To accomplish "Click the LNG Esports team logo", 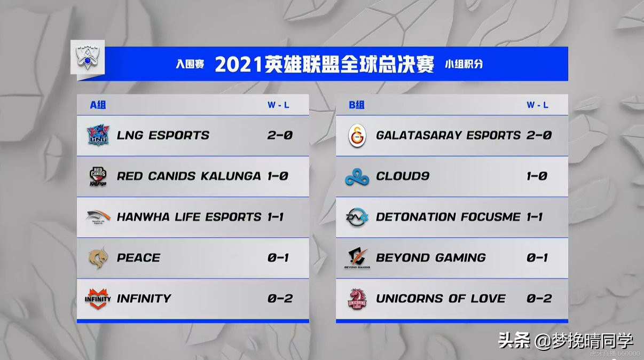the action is pyautogui.click(x=98, y=135).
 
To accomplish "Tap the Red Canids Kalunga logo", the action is pyautogui.click(x=98, y=176).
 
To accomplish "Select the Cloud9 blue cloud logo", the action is pyautogui.click(x=357, y=177).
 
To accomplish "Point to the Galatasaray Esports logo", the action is pyautogui.click(x=357, y=136).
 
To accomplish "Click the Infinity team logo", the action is pyautogui.click(x=98, y=299).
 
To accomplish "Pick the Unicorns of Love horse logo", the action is pyautogui.click(x=357, y=299).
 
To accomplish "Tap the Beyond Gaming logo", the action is pyautogui.click(x=357, y=258).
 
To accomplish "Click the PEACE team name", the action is pyautogui.click(x=139, y=257).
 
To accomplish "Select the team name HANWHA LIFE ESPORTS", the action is pyautogui.click(x=189, y=217).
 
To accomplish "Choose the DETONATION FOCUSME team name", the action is pyautogui.click(x=448, y=217).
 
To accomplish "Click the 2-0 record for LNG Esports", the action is pyautogui.click(x=280, y=135).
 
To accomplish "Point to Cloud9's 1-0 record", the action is pyautogui.click(x=537, y=176).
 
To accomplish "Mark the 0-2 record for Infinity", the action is pyautogui.click(x=280, y=299).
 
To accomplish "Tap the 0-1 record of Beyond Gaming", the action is pyautogui.click(x=537, y=257).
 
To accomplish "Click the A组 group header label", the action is pyautogui.click(x=98, y=105).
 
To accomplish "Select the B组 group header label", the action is pyautogui.click(x=357, y=105).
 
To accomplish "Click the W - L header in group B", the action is pyautogui.click(x=537, y=105).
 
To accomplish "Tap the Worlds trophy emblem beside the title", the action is pyautogui.click(x=88, y=58).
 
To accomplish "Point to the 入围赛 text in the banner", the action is pyautogui.click(x=190, y=64).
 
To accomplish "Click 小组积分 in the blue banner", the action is pyautogui.click(x=464, y=64).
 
